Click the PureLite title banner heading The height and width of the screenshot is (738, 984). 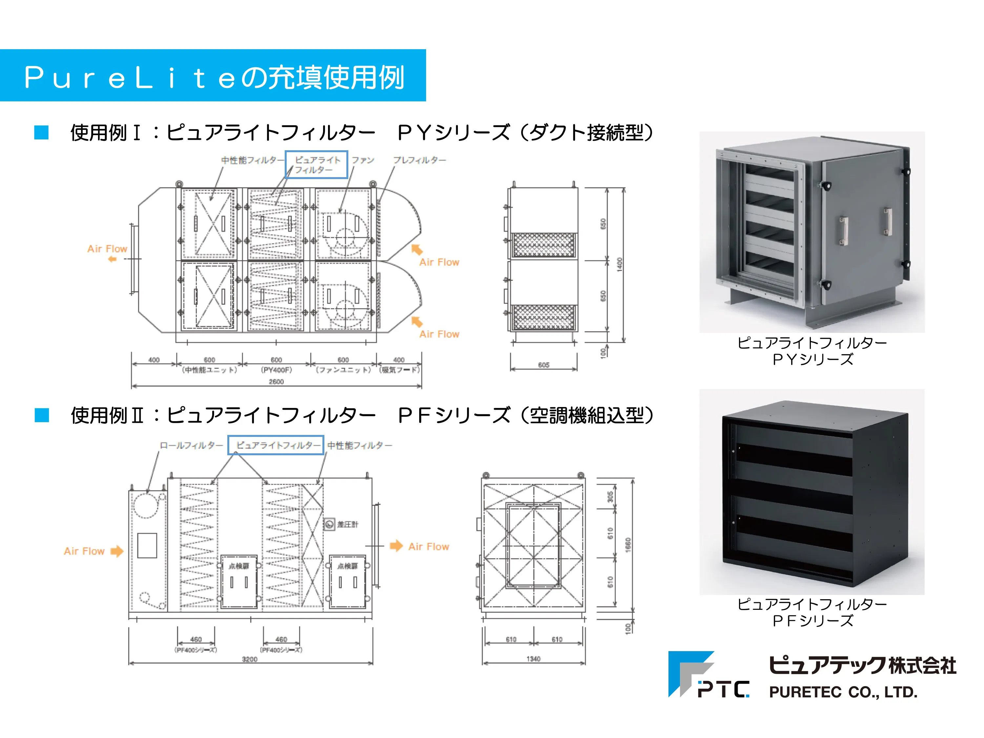(214, 76)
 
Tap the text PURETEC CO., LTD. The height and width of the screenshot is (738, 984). (843, 692)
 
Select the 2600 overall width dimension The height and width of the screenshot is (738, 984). (276, 382)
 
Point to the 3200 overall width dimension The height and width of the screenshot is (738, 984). (250, 659)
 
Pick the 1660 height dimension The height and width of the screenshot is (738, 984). (628, 545)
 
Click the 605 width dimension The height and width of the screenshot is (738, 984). (543, 365)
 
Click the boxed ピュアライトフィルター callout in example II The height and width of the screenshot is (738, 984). (276, 445)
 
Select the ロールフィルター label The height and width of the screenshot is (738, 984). (191, 445)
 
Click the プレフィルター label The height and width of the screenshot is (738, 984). (420, 160)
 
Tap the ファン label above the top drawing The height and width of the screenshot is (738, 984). (363, 160)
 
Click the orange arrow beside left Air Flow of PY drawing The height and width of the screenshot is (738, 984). (113, 259)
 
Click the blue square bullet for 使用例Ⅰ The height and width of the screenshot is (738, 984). (41, 133)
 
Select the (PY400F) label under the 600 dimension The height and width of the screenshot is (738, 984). (276, 370)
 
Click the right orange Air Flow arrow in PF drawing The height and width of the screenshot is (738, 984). (396, 546)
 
